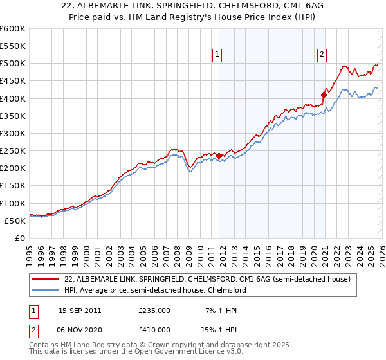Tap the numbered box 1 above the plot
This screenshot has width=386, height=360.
(x=218, y=55)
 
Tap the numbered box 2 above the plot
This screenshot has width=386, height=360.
(x=321, y=55)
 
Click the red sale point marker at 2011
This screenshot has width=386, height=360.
(x=219, y=156)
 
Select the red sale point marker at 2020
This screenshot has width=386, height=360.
(x=324, y=94)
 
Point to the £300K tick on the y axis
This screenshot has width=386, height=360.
(x=13, y=133)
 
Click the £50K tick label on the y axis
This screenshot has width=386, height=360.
(x=15, y=221)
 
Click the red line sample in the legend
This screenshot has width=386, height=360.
(x=46, y=280)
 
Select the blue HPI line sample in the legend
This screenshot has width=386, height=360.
(x=46, y=291)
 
